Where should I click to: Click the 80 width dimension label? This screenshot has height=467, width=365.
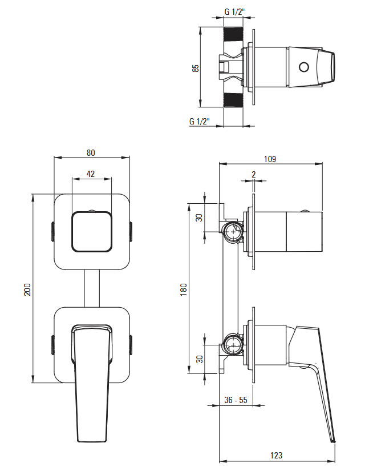[91, 153]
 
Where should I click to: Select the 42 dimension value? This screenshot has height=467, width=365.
[91, 174]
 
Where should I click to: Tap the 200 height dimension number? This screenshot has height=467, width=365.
[27, 289]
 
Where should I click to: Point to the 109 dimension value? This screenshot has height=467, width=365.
[270, 159]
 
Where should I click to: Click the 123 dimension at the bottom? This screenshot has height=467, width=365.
[276, 456]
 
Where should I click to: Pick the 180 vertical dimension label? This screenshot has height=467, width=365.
[184, 289]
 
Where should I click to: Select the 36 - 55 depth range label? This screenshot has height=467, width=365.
[236, 400]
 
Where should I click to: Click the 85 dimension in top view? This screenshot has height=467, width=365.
[196, 68]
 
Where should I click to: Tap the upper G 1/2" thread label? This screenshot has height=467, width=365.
[234, 12]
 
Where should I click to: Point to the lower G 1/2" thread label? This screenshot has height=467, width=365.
[200, 121]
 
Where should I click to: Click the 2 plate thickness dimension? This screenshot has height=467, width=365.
[253, 174]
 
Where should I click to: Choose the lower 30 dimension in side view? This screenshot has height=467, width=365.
[200, 359]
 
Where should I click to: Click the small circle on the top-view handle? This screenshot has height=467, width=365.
[304, 67]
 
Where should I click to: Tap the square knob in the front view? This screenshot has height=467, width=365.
[92, 232]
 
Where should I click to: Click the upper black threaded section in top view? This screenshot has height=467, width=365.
[233, 34]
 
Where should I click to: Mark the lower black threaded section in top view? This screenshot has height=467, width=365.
[233, 100]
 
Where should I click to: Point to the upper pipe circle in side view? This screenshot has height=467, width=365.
[233, 232]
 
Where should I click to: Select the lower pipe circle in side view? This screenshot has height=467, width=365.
[233, 344]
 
